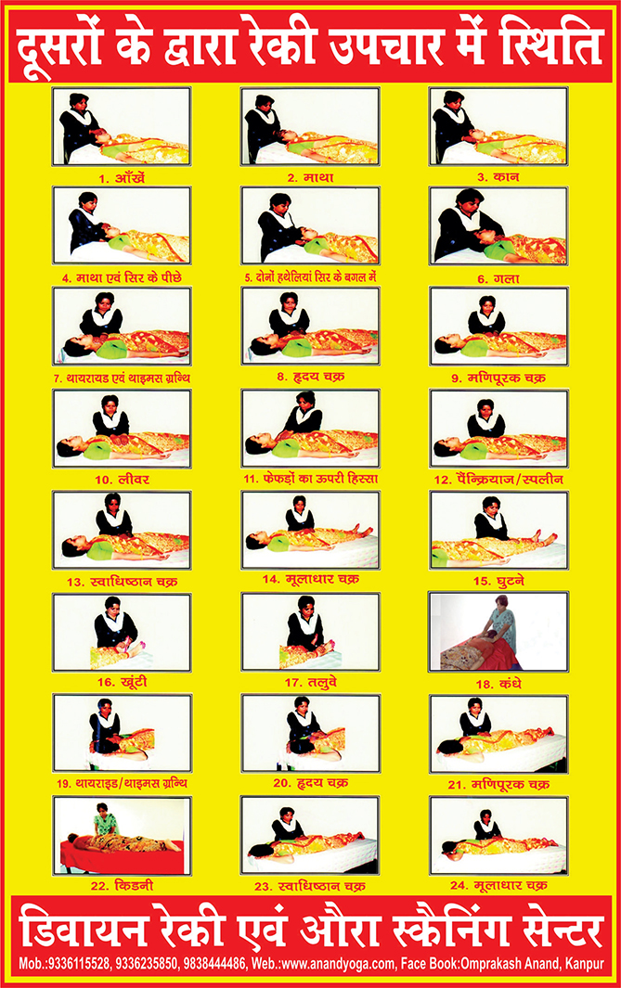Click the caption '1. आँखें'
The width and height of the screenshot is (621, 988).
click(x=122, y=178)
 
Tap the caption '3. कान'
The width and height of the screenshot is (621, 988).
click(x=498, y=177)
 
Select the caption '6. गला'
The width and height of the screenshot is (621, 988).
click(x=498, y=278)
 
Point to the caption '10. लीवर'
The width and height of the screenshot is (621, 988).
click(x=122, y=480)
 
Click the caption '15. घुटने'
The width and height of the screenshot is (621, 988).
click(x=498, y=581)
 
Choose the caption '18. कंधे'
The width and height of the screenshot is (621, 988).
click(x=498, y=684)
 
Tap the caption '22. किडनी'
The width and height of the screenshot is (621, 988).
click(x=122, y=886)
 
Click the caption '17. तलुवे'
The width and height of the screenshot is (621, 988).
click(x=310, y=683)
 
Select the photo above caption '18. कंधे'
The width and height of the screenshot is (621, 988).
click(x=498, y=632)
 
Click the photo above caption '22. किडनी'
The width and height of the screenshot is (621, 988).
click(x=122, y=836)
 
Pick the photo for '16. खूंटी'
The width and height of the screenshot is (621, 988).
click(x=122, y=632)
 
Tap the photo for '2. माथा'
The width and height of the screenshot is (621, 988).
click(x=310, y=127)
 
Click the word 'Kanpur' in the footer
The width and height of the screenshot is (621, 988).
click(x=585, y=964)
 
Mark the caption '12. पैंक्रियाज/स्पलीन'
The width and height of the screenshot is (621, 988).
click(x=498, y=480)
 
